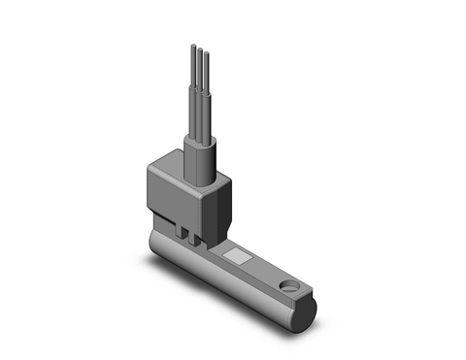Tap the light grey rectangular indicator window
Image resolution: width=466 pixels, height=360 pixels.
(x=237, y=258)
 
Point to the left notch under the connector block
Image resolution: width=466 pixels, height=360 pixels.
(x=182, y=232)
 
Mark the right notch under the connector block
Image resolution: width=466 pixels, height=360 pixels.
(x=198, y=239)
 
